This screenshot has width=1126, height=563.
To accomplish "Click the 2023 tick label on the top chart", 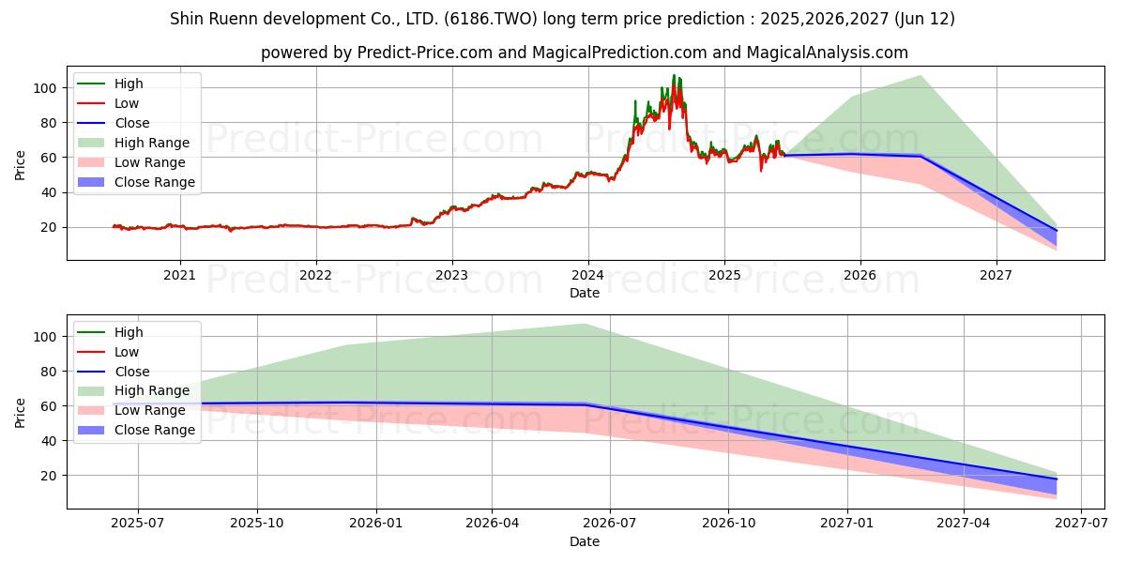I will pyautogui.click(x=451, y=275).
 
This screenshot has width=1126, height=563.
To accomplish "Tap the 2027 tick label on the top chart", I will pyautogui.click(x=996, y=275).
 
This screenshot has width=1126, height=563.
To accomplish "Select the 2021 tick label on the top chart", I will pyautogui.click(x=179, y=275).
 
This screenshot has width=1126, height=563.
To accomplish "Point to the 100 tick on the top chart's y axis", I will pyautogui.click(x=45, y=88).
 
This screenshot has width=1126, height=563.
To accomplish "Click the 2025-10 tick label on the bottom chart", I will pyautogui.click(x=257, y=524).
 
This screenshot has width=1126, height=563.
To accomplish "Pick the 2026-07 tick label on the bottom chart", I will pyautogui.click(x=610, y=524).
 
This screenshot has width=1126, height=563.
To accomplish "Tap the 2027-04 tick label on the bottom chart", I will pyautogui.click(x=964, y=524).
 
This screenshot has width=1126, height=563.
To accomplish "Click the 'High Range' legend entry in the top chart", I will pyautogui.click(x=151, y=143).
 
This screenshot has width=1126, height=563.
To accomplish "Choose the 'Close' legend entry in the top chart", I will pyautogui.click(x=131, y=123).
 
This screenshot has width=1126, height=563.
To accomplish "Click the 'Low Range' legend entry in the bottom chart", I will pyautogui.click(x=150, y=410).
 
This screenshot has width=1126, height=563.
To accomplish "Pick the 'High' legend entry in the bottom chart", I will pyautogui.click(x=128, y=332).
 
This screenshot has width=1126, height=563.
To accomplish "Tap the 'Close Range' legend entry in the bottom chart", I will pyautogui.click(x=154, y=430).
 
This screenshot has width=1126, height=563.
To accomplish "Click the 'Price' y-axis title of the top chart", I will pyautogui.click(x=20, y=166).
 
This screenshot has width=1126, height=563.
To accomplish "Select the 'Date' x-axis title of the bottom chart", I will pyautogui.click(x=584, y=541).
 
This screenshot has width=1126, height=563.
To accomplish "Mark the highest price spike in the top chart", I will pyautogui.click(x=673, y=76).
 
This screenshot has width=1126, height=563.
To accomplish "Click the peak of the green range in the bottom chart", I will pyautogui.click(x=584, y=325).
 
